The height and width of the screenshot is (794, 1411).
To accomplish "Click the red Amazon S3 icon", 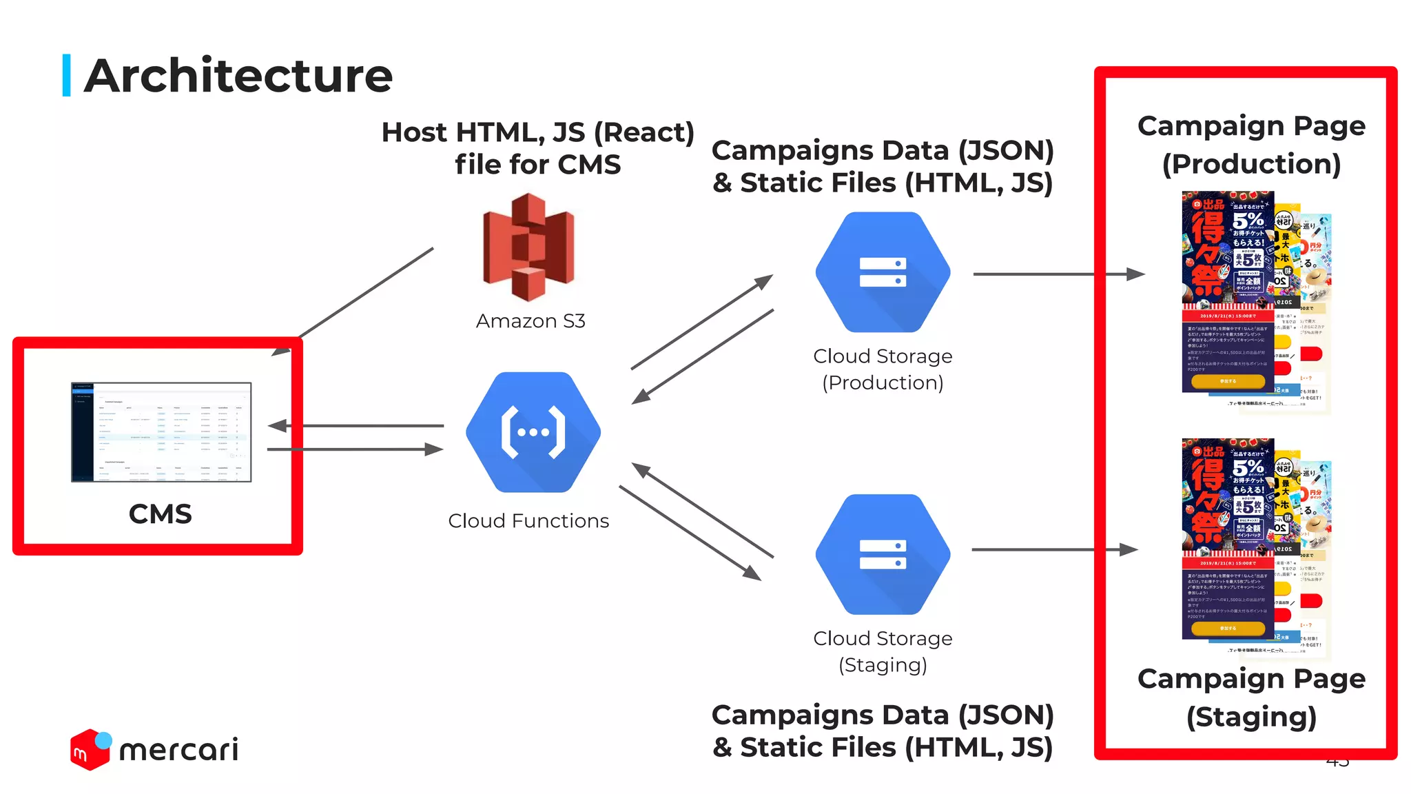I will [x=528, y=247].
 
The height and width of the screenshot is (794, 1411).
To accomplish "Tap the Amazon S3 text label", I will [x=531, y=321].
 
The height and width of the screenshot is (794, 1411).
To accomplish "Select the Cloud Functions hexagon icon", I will [x=533, y=432].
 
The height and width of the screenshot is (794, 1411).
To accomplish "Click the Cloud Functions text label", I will [x=528, y=521].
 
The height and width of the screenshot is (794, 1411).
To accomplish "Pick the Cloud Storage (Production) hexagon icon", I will [x=883, y=272].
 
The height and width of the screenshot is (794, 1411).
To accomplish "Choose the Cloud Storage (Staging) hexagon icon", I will [x=883, y=554].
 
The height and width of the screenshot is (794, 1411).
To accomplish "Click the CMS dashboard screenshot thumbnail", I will [x=161, y=432].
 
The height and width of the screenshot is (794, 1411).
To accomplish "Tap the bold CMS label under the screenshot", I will [x=160, y=514].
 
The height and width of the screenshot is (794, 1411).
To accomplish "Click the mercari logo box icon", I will [x=90, y=750].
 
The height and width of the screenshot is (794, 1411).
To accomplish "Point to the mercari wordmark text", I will [x=179, y=750].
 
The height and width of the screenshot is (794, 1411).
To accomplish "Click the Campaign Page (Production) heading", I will [x=1251, y=145].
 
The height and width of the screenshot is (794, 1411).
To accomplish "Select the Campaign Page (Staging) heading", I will [x=1251, y=698].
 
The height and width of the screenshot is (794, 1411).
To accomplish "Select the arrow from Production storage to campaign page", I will [x=1058, y=274].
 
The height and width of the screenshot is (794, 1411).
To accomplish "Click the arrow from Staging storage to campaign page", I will [x=1054, y=550].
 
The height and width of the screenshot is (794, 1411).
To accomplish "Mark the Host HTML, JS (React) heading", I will [x=537, y=148].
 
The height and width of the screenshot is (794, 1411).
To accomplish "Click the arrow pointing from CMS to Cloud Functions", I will [x=355, y=449].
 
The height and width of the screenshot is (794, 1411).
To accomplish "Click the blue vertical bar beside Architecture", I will [x=67, y=75].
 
